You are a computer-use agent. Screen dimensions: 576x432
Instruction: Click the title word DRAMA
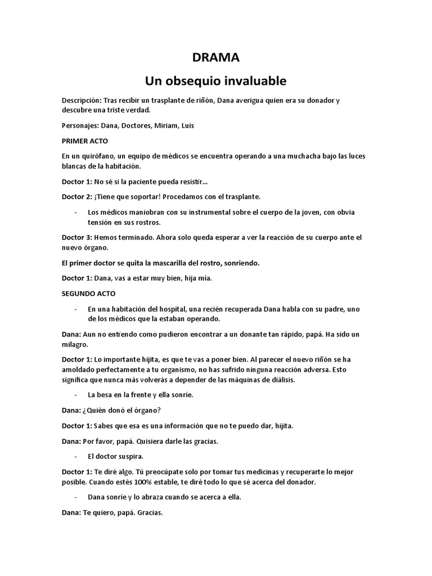[x=216, y=57]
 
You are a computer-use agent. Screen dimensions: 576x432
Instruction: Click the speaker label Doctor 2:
[x=76, y=197]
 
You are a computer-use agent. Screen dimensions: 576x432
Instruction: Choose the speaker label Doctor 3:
[x=76, y=237]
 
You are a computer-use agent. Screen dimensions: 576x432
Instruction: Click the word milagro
[x=75, y=344]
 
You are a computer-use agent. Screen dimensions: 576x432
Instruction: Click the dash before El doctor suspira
[x=75, y=456]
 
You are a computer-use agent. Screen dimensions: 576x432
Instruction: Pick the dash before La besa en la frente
[x=75, y=395]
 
